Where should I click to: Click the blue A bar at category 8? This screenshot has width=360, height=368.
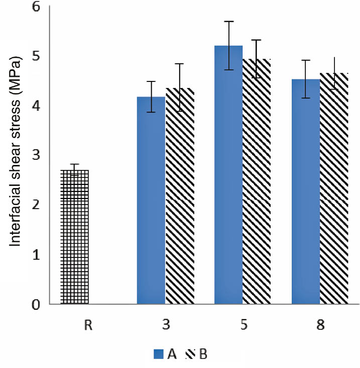(x=306, y=192)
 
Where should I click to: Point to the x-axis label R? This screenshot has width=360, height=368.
(x=88, y=325)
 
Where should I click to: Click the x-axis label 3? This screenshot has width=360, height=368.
(x=166, y=325)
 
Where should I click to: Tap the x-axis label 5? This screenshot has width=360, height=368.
(x=243, y=325)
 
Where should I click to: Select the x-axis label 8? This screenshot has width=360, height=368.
(x=320, y=325)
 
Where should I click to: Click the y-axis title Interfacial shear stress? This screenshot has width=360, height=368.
(x=16, y=153)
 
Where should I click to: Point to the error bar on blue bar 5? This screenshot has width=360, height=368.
(x=228, y=45)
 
